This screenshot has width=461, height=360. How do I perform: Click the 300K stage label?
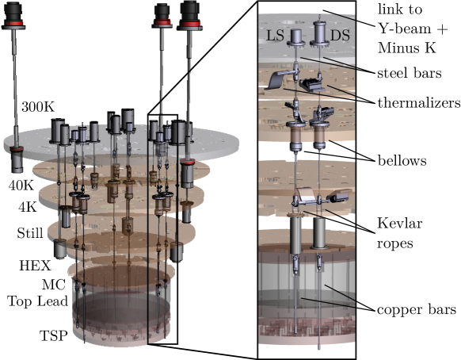coord(38,107)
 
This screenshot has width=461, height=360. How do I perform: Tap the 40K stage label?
coord(21,186)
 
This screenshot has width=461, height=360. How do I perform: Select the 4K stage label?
coord(28,207)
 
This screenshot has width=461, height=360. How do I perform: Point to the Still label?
coord(30,233)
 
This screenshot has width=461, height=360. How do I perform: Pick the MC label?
coord(54,285)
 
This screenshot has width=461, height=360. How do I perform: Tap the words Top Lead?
coord(38,301)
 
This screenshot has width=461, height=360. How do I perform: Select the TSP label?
coord(54,335)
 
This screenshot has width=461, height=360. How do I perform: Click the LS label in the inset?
coord(275,36)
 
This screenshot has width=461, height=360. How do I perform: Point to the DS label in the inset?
coord(340,36)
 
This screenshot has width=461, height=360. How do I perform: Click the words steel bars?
coord(410,73)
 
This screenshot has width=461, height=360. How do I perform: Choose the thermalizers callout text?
coord(419,103)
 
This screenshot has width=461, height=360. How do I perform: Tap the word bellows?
coord(402,161)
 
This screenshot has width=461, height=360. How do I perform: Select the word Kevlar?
coord(400,223)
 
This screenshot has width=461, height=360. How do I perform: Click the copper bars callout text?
coord(417,310)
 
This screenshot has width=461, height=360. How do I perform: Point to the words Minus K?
coord(406,48)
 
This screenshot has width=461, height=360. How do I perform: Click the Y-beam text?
coord(405,29)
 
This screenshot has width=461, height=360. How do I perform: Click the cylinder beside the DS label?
coord(319,33)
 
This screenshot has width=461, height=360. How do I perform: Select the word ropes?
coord(395,244)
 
